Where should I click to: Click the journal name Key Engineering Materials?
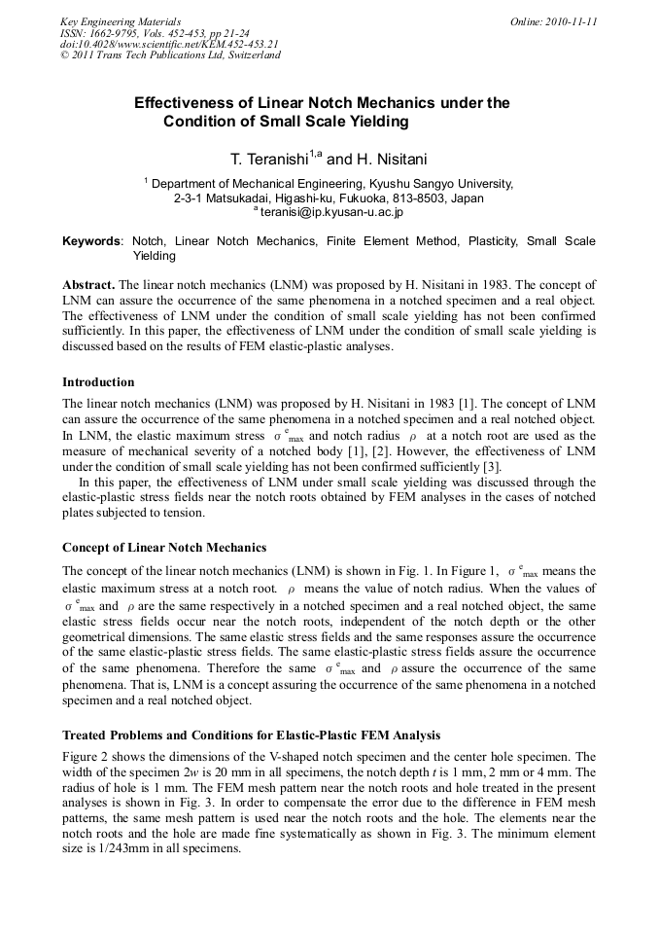(121, 20)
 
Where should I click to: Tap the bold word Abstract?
(88, 284)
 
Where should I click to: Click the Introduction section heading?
(98, 381)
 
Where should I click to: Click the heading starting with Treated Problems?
(253, 734)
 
